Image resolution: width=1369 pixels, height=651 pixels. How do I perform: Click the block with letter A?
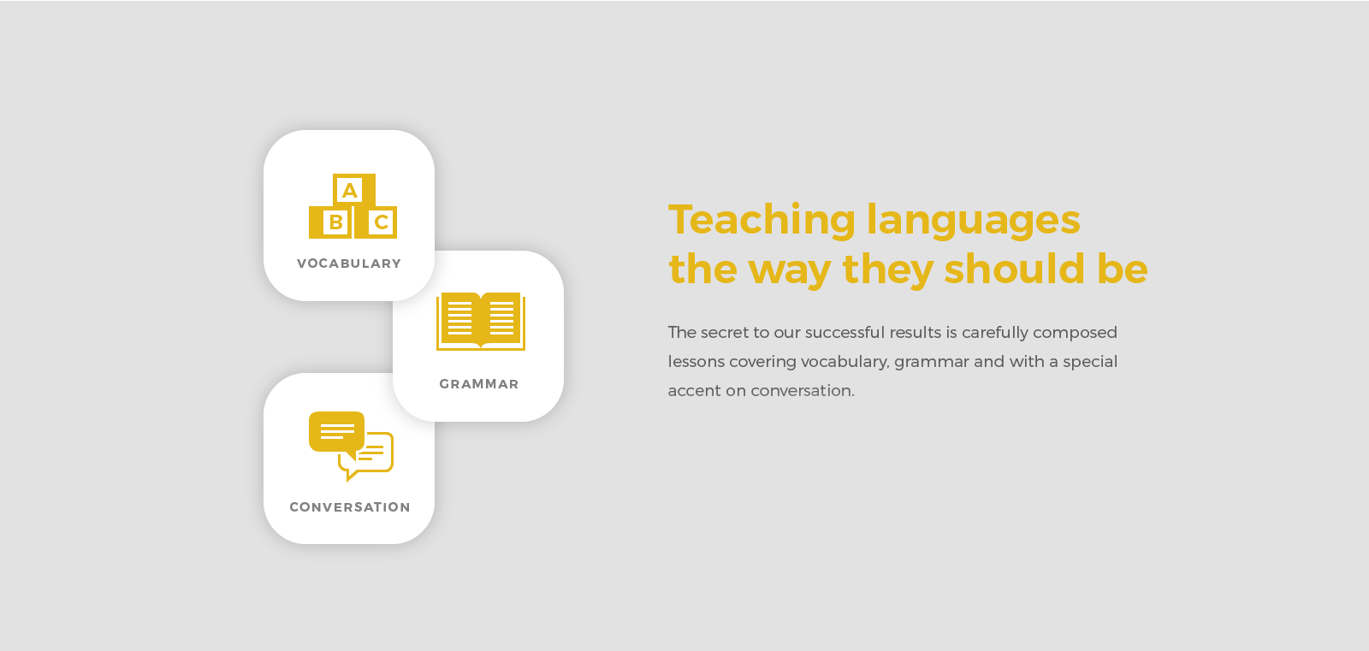click(354, 190)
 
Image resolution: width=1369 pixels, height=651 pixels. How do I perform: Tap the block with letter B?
click(330, 222)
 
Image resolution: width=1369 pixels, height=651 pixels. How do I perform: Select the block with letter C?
click(376, 222)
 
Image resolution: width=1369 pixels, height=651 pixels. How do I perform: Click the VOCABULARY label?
click(349, 263)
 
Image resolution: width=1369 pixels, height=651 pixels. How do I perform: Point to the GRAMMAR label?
click(479, 384)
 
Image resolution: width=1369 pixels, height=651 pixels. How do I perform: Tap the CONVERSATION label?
click(350, 506)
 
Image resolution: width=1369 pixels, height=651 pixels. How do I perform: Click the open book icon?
click(481, 321)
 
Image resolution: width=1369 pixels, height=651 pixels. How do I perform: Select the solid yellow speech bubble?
click(337, 434)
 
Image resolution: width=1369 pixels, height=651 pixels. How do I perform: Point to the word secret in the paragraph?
click(724, 333)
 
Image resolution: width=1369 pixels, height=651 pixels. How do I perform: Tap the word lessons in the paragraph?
click(696, 361)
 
